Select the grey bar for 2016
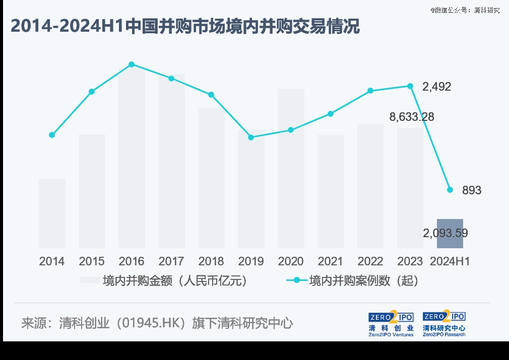click(132, 161)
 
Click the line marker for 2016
click(132, 64)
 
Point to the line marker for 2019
click(251, 137)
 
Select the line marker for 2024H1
click(450, 190)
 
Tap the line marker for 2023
click(410, 86)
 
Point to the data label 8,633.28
click(411, 117)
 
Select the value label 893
click(472, 191)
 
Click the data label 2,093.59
click(446, 233)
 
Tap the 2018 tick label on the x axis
click(211, 262)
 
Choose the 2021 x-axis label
click(331, 262)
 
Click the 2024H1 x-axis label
click(450, 262)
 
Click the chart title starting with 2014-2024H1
click(185, 26)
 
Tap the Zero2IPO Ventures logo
click(391, 324)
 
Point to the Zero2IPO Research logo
click(444, 324)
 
